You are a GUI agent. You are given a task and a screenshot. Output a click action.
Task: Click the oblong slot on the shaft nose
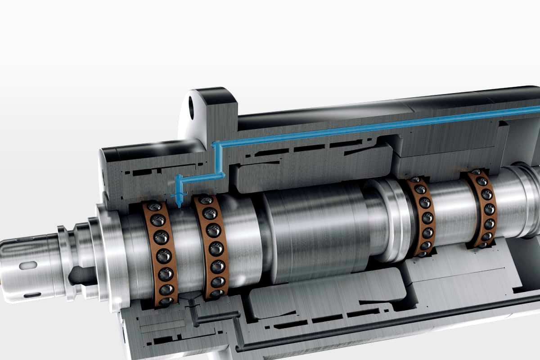pyautogui.click(x=28, y=265)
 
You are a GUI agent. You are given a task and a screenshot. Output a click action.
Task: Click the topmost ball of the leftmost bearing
pyautogui.click(x=154, y=207)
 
